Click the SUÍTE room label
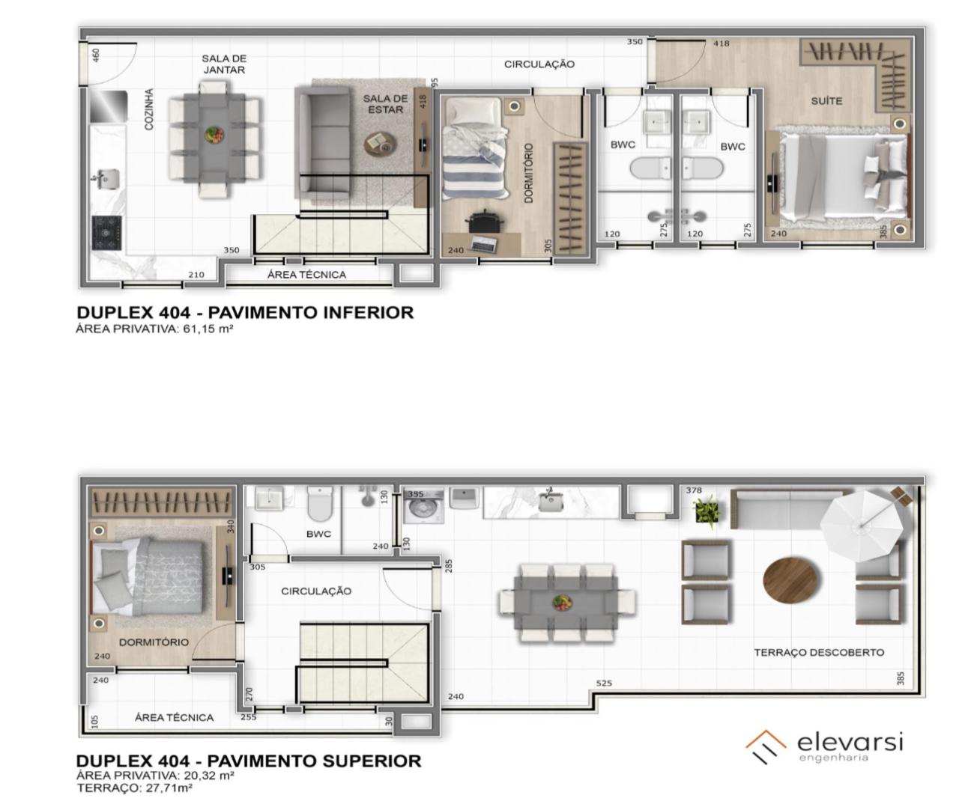click(826, 101)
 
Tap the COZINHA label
click(149, 109)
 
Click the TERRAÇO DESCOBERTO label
click(819, 652)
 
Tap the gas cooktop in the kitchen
click(107, 233)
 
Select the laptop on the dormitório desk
click(483, 243)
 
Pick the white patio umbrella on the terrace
click(862, 526)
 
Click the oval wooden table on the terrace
click(791, 579)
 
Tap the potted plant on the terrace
click(707, 512)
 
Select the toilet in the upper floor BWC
click(320, 504)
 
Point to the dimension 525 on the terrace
click(604, 683)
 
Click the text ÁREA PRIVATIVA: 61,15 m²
click(154, 329)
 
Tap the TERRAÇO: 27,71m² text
click(135, 788)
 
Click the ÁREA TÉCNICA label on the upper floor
click(174, 717)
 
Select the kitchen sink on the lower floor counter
click(108, 179)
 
